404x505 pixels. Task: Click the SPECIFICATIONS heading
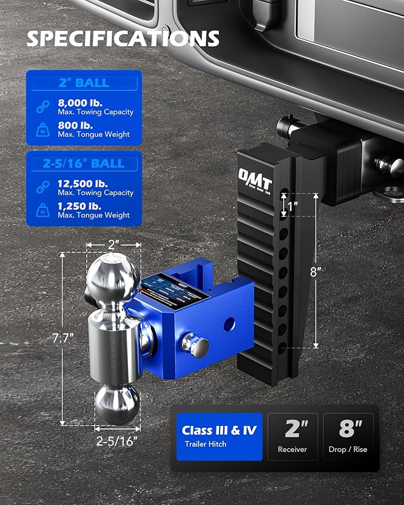[123, 39]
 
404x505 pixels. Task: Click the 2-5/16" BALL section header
[83, 163]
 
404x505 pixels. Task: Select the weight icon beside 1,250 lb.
[43, 209]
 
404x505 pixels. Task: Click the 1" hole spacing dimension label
[292, 208]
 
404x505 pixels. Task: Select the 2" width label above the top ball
[114, 244]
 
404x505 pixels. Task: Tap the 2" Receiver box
[292, 437]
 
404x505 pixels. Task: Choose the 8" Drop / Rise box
[350, 437]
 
